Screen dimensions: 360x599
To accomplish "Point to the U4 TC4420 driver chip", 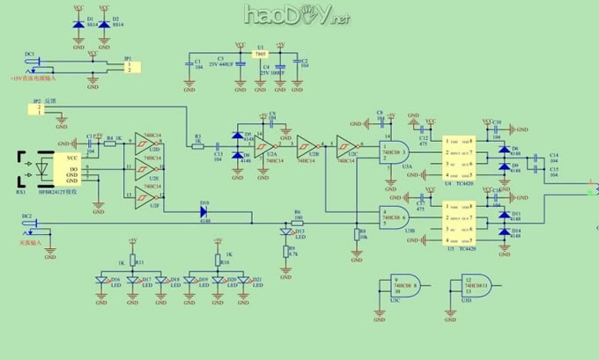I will tap(458, 156).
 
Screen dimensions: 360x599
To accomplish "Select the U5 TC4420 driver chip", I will tap(458, 224).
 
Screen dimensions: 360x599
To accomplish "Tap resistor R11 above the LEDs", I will tap(133, 261).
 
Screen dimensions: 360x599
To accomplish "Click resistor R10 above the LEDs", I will tap(217, 261).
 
